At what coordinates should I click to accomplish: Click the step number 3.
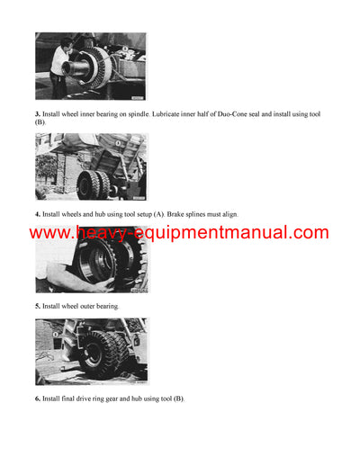coord(38,115)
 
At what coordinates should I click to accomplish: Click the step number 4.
coord(38,214)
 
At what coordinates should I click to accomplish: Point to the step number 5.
coord(38,306)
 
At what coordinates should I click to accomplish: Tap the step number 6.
coord(38,399)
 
